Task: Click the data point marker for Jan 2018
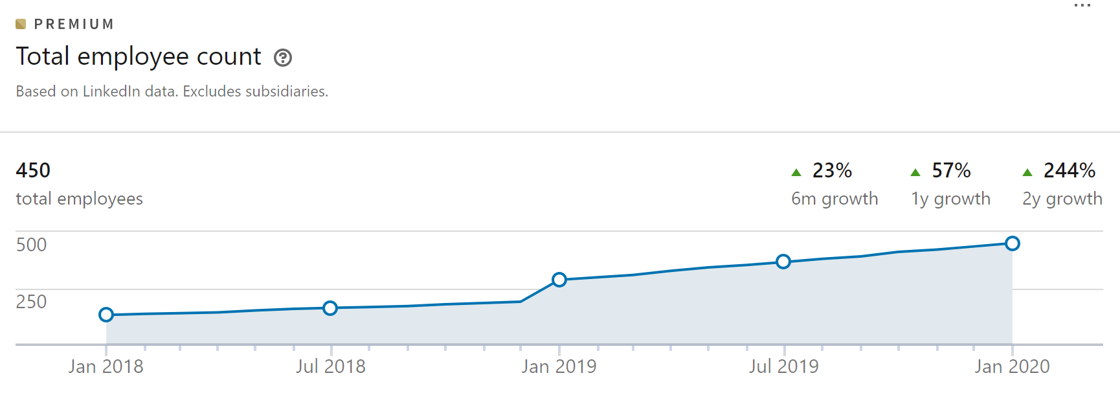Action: coord(106,315)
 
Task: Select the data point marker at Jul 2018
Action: coord(330,308)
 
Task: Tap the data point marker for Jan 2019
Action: coord(559,280)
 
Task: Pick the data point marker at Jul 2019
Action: coord(783,262)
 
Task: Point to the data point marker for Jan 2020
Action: coord(1013,243)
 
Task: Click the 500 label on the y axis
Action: coord(31,245)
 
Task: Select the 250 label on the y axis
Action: coord(31,302)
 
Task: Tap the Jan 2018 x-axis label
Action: coord(106,366)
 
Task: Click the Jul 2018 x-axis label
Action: coord(331,366)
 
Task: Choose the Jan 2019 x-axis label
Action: coord(559,366)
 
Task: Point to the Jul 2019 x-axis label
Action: coord(784,366)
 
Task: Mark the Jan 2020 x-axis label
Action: coord(1013,366)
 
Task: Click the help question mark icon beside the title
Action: coord(283,58)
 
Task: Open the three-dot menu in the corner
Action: coord(1082,6)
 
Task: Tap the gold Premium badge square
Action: coord(21,25)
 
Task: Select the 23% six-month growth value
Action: coord(832,170)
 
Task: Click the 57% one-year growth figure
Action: coord(951,170)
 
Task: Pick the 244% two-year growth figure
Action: coord(1069,170)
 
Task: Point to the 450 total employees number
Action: coord(33,170)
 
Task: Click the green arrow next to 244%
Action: coord(1027,172)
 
